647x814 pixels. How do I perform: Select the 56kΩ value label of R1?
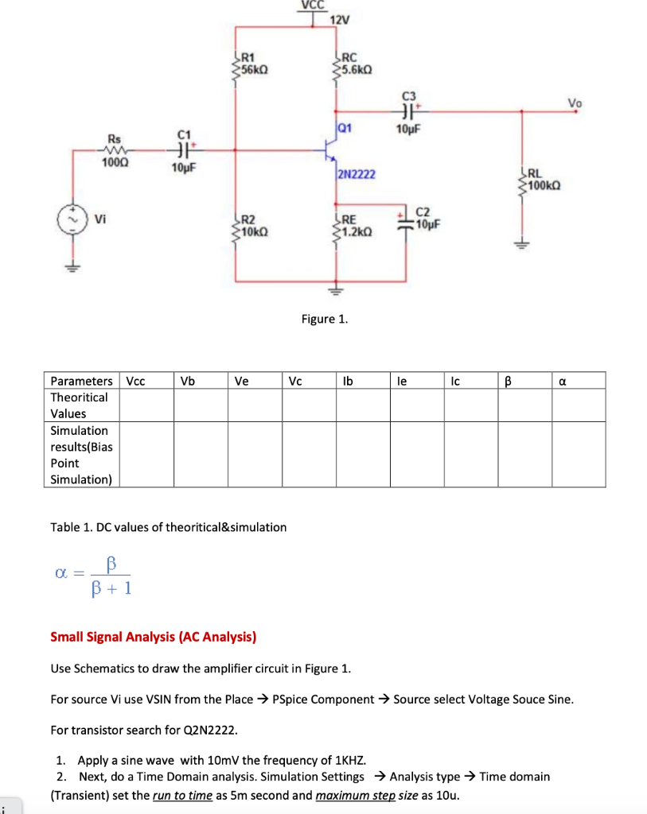point(255,69)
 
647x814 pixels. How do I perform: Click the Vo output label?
point(575,102)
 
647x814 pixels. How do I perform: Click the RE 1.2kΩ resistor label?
point(354,226)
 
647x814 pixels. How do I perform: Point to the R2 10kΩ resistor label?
point(252,226)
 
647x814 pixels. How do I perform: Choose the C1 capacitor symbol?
point(184,149)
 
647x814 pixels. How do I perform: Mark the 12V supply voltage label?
point(340,20)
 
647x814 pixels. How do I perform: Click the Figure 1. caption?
point(324,319)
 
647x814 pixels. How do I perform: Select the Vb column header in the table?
point(188,381)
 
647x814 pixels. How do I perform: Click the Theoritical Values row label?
point(79,405)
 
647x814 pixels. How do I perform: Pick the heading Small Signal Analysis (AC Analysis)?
point(153,637)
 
